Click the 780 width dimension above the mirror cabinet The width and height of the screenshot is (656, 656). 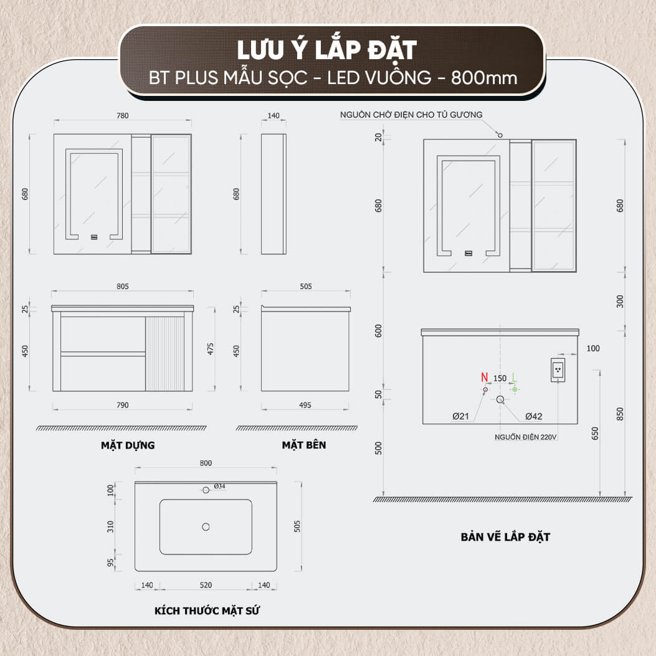coord(122,115)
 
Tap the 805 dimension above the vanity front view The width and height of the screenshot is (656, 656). coord(122,287)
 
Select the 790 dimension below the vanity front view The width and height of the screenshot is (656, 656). coord(122,405)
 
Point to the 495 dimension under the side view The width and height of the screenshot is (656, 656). coord(305,405)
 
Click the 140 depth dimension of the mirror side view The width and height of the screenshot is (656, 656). coord(273,115)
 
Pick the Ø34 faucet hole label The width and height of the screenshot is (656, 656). coord(219,486)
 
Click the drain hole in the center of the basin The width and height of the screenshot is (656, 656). coord(206,527)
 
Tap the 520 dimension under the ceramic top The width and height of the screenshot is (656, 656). coord(206,585)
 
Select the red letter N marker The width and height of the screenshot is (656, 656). coord(483,378)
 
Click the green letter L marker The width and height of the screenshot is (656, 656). coord(514,378)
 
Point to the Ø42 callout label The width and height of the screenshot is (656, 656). coord(534,416)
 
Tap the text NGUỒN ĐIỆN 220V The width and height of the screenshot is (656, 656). coord(525,437)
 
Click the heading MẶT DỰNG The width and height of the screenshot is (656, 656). coord(128,445)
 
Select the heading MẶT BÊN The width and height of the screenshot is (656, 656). coord(303,445)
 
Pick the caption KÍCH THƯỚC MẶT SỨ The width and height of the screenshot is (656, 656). coord(207,611)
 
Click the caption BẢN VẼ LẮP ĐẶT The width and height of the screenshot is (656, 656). coord(505,536)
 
